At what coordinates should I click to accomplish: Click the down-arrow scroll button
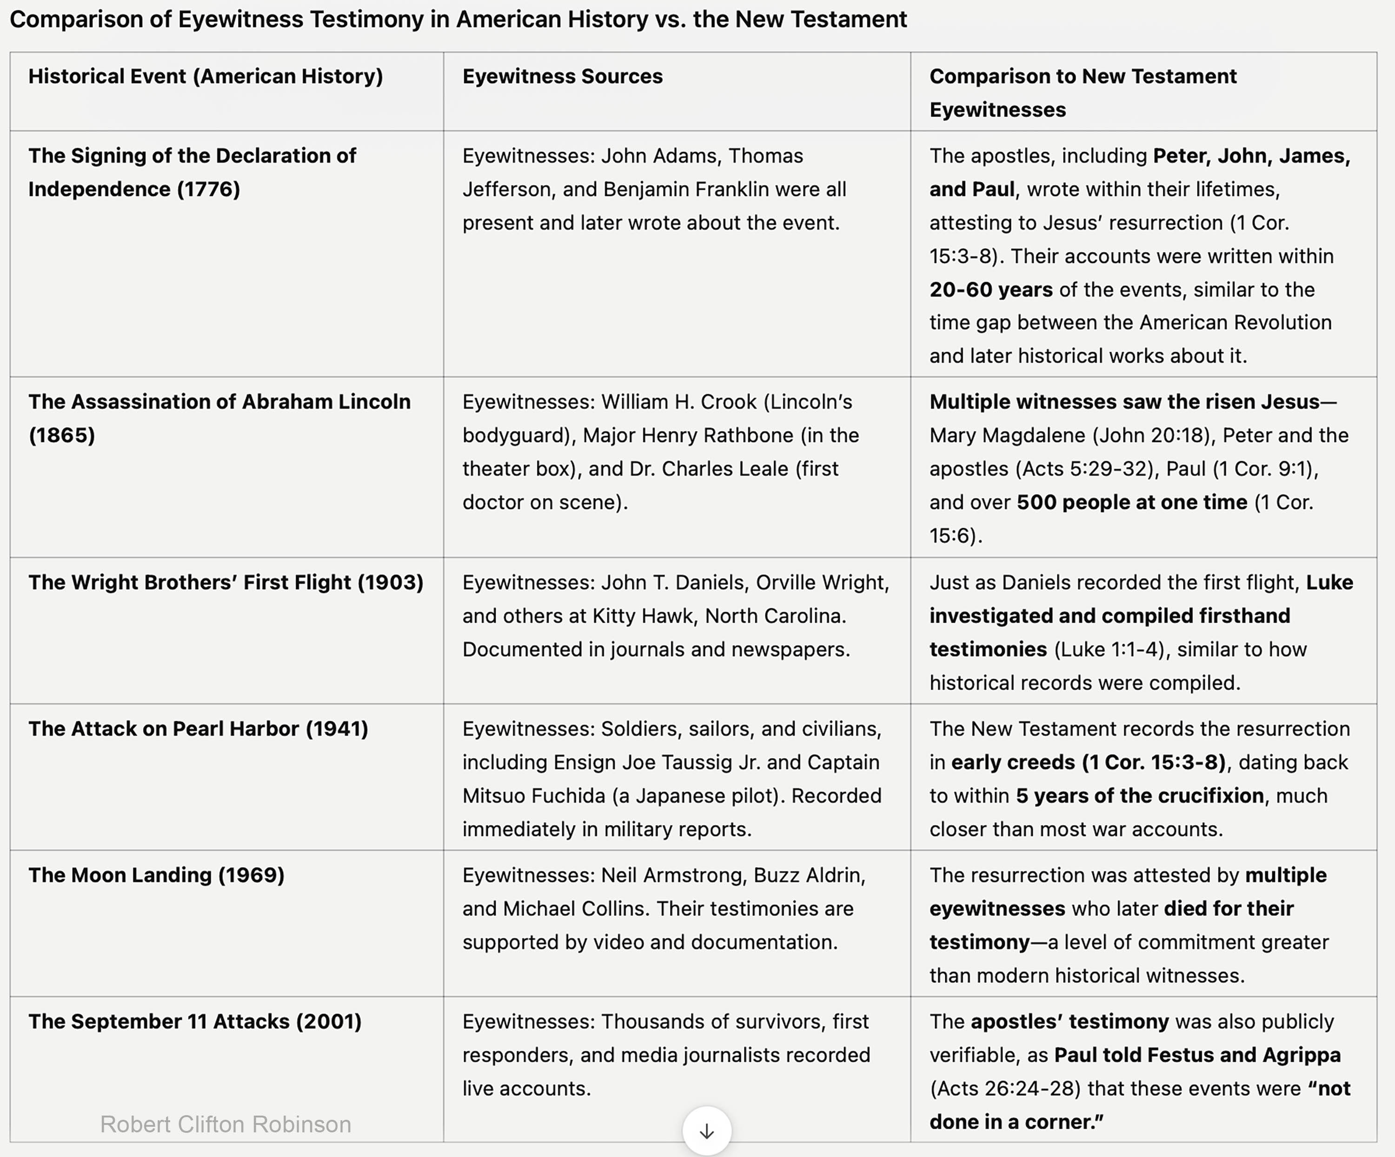pyautogui.click(x=707, y=1130)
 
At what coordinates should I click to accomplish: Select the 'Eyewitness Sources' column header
pyautogui.click(x=562, y=76)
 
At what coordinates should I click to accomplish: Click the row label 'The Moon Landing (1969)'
pyautogui.click(x=156, y=875)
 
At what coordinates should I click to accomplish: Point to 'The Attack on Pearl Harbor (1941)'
pyautogui.click(x=198, y=729)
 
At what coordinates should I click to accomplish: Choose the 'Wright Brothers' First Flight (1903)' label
pyautogui.click(x=226, y=582)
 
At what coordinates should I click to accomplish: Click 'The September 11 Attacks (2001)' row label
pyautogui.click(x=195, y=1021)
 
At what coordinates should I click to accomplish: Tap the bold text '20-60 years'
pyautogui.click(x=990, y=290)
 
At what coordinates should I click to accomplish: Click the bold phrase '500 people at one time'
pyautogui.click(x=1131, y=502)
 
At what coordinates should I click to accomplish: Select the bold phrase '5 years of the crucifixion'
pyautogui.click(x=1139, y=796)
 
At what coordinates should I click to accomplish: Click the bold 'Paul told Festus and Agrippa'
pyautogui.click(x=1197, y=1055)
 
